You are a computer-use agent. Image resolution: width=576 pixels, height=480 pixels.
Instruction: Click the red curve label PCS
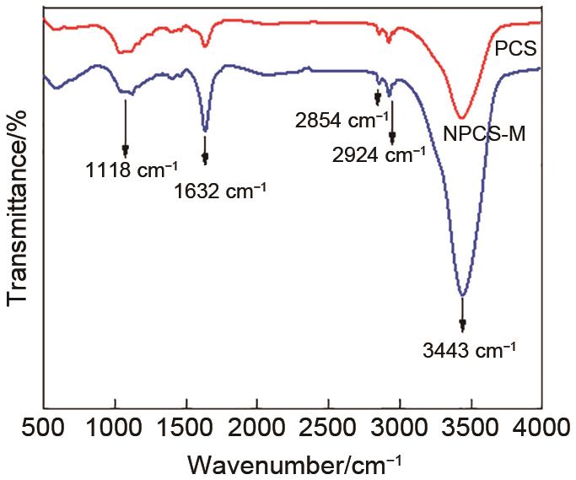521,59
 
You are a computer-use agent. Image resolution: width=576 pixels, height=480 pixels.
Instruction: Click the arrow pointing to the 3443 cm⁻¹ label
462,313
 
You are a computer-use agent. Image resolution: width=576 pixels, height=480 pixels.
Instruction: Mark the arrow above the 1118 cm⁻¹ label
125,127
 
